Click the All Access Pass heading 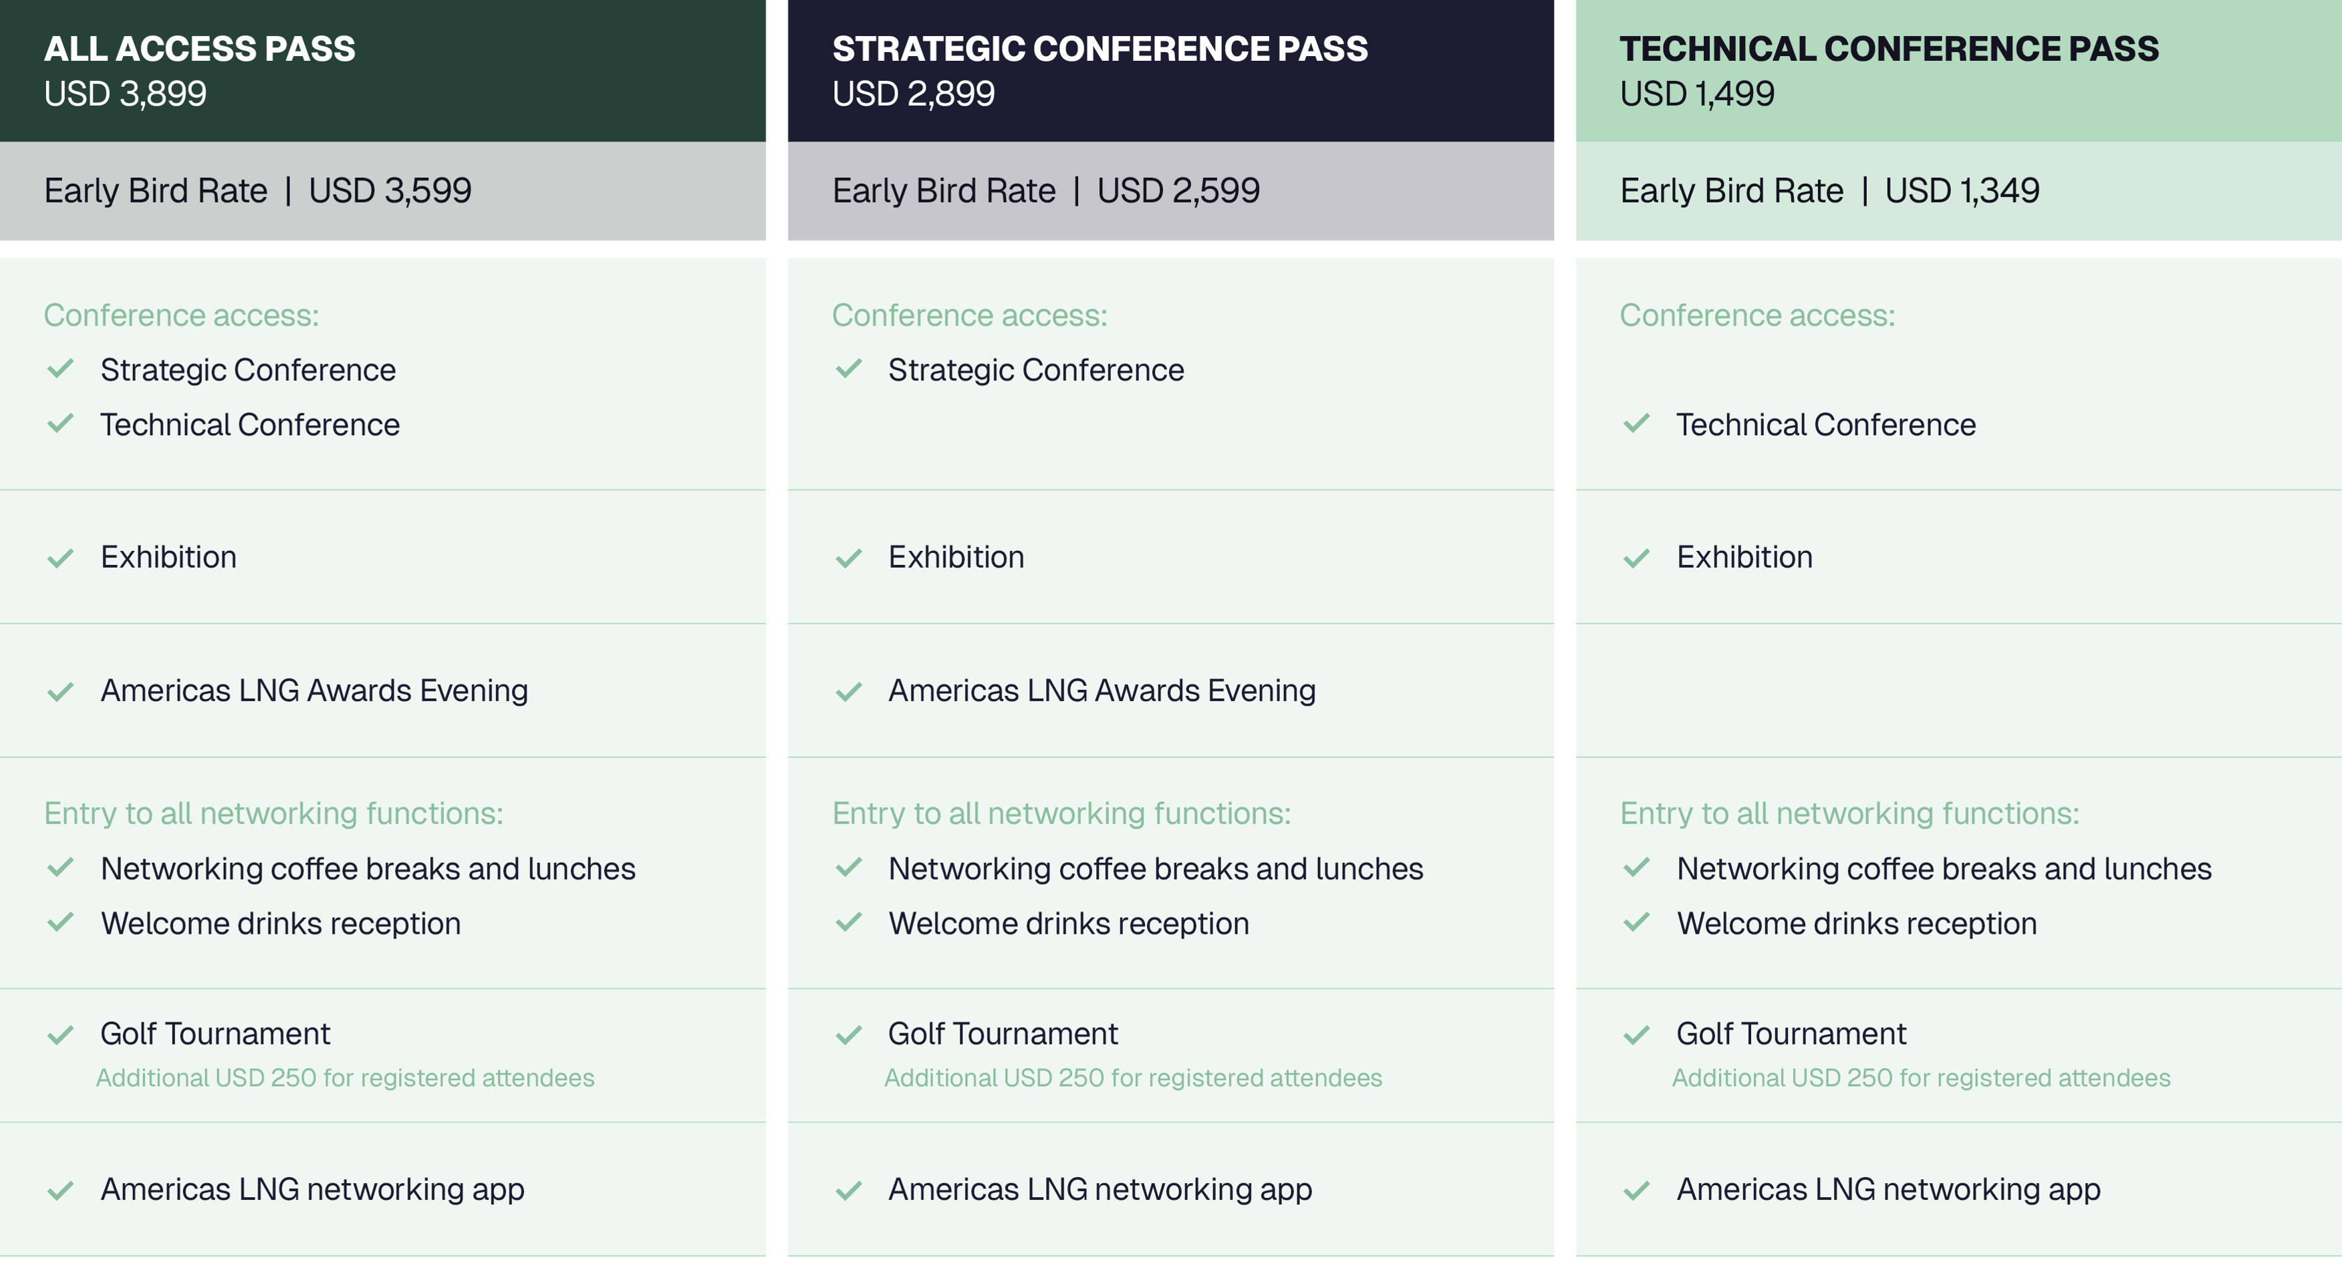200,48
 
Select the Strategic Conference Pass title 1100,48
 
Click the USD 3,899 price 126,94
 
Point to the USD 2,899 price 914,94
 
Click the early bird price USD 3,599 390,190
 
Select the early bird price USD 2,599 1178,190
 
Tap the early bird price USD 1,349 1962,190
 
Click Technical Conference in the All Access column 250,424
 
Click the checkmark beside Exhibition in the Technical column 1636,558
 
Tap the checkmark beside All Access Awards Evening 60,692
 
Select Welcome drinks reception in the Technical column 1857,924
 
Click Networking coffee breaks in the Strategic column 1156,868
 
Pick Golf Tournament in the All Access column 215,1034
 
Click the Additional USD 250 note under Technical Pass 1921,1078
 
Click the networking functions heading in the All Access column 273,813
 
